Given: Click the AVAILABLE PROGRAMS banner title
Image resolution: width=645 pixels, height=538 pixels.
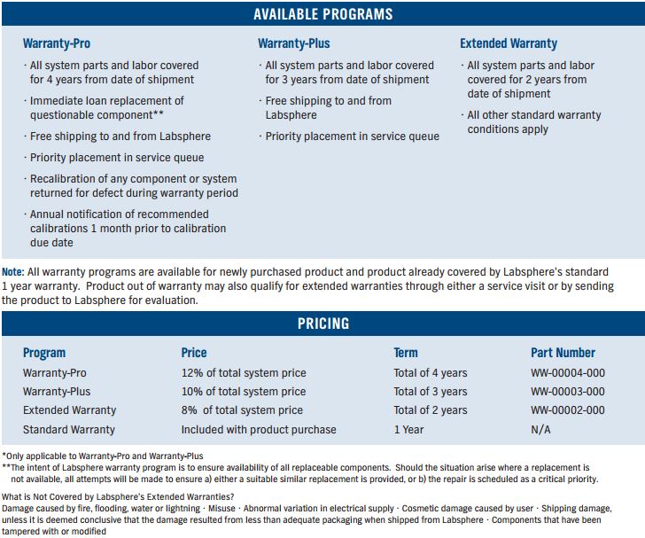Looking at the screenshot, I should click(322, 14).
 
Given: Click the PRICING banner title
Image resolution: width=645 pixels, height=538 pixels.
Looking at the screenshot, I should click(322, 324).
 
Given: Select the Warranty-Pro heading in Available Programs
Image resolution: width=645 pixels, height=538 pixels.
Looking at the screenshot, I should click(57, 43).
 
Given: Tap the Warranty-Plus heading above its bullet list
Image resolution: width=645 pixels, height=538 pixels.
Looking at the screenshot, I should click(293, 43).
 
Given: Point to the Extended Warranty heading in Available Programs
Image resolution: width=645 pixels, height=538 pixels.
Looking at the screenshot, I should click(509, 43).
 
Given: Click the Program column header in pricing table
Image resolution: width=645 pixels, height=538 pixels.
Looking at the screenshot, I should click(44, 353).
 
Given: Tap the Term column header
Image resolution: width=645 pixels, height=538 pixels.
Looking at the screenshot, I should click(406, 353).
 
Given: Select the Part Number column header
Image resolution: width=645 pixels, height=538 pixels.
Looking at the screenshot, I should click(563, 353).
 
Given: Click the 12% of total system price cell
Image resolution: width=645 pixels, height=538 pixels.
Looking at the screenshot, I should click(244, 372).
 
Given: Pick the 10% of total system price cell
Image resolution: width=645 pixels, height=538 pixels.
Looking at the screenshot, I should click(244, 392).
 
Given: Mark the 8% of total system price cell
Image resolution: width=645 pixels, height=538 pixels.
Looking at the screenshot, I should click(242, 410).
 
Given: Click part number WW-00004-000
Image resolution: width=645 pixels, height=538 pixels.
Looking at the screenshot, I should click(568, 372).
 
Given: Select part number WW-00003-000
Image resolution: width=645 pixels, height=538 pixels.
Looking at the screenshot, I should click(568, 392).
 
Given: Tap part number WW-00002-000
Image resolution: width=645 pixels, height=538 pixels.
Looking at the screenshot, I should click(568, 410).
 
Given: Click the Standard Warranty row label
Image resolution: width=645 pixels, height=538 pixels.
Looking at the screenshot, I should click(69, 430).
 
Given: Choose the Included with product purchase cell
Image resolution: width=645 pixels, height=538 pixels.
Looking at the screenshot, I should click(259, 430).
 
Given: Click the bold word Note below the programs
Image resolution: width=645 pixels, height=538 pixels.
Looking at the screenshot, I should click(12, 271).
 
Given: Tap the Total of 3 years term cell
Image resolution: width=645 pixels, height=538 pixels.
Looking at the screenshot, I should click(431, 392).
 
